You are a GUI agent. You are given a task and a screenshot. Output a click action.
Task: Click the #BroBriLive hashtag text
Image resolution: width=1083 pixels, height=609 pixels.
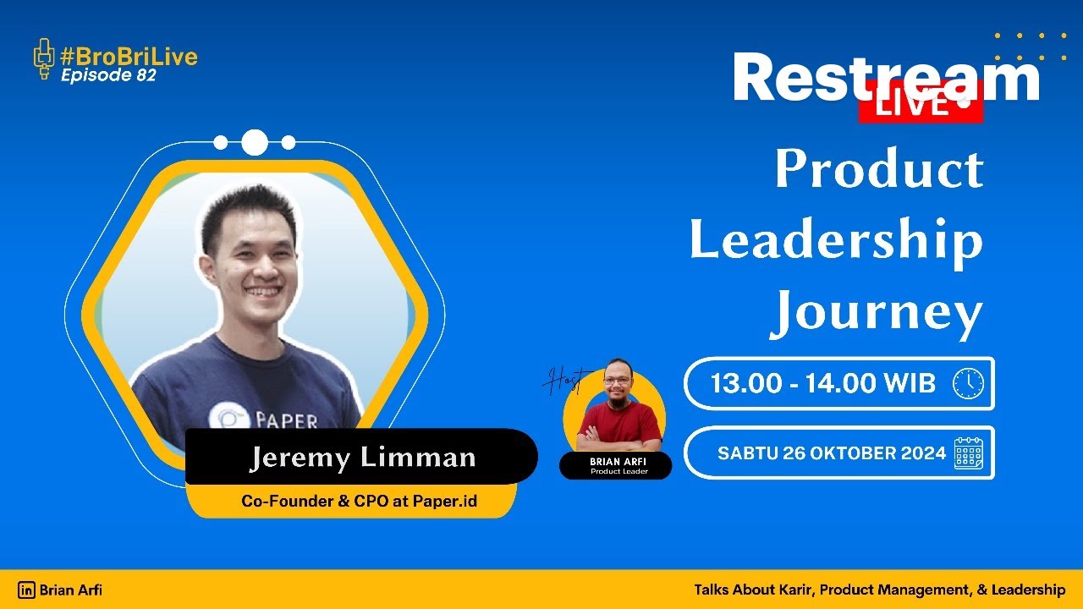point(129,57)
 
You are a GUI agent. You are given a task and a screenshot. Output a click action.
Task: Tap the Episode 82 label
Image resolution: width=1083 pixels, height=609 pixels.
point(108,75)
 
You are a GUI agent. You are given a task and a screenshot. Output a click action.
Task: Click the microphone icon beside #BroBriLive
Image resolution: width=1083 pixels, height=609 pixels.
point(43,59)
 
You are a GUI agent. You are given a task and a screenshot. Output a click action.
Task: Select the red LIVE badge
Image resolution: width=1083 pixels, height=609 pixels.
point(921,104)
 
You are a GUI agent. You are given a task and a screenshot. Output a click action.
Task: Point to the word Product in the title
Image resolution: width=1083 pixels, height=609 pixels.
point(878,169)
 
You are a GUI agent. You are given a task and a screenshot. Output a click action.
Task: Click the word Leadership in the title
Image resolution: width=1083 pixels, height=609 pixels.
point(836,240)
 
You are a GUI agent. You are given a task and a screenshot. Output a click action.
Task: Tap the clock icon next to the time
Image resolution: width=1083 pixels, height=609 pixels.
point(968,383)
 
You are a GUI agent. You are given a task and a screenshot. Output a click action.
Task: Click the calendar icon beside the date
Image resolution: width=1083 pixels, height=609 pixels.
point(969,453)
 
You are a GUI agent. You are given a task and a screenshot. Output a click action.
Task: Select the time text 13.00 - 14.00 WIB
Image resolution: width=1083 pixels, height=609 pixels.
point(822,383)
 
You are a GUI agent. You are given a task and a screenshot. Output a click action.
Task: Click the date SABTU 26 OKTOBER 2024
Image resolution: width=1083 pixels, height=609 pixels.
point(831,453)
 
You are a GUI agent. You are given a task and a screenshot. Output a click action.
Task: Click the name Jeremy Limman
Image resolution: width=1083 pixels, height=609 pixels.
point(361,458)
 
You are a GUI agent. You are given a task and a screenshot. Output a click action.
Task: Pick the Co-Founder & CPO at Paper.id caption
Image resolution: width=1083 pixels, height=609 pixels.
point(359,501)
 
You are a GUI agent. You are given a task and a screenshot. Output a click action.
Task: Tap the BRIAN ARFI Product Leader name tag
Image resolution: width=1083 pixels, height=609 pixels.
point(616,465)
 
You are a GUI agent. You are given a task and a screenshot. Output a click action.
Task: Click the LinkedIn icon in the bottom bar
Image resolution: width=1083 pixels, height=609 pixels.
point(27,590)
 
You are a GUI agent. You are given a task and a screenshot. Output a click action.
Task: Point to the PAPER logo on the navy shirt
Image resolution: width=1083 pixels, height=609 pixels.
point(262,420)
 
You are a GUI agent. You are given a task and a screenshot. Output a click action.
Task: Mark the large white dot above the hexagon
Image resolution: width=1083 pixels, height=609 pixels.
point(255,143)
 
